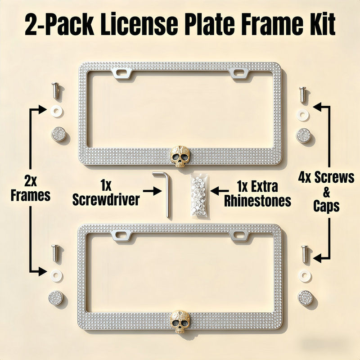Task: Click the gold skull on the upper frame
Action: click(180, 156)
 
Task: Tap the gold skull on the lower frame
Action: click(180, 321)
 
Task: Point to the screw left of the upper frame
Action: click(55, 90)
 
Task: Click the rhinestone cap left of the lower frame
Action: click(55, 297)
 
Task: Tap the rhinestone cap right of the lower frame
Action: click(305, 297)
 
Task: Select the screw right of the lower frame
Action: click(305, 254)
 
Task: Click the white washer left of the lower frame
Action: click(56, 274)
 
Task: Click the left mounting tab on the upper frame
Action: click(122, 73)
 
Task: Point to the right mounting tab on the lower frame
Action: click(239, 235)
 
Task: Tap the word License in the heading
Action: click(139, 24)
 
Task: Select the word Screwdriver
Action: click(106, 200)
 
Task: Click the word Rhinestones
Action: click(257, 201)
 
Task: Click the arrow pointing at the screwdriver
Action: click(152, 191)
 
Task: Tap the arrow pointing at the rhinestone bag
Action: click(220, 190)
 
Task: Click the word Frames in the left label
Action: click(31, 196)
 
